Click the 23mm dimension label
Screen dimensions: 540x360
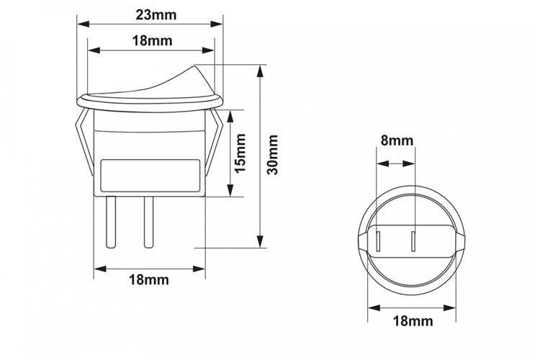pyautogui.click(x=156, y=15)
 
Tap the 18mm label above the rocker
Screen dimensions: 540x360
pyautogui.click(x=152, y=41)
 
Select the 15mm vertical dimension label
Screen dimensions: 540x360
pyautogui.click(x=240, y=153)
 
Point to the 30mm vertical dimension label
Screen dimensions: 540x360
pyautogui.click(x=272, y=155)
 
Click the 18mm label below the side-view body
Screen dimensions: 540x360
pyautogui.click(x=149, y=280)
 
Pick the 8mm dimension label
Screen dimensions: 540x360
pyautogui.click(x=397, y=141)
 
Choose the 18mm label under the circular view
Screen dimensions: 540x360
pyautogui.click(x=413, y=321)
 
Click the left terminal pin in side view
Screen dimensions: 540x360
pyautogui.click(x=111, y=222)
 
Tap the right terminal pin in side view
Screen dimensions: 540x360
pyautogui.click(x=148, y=222)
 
